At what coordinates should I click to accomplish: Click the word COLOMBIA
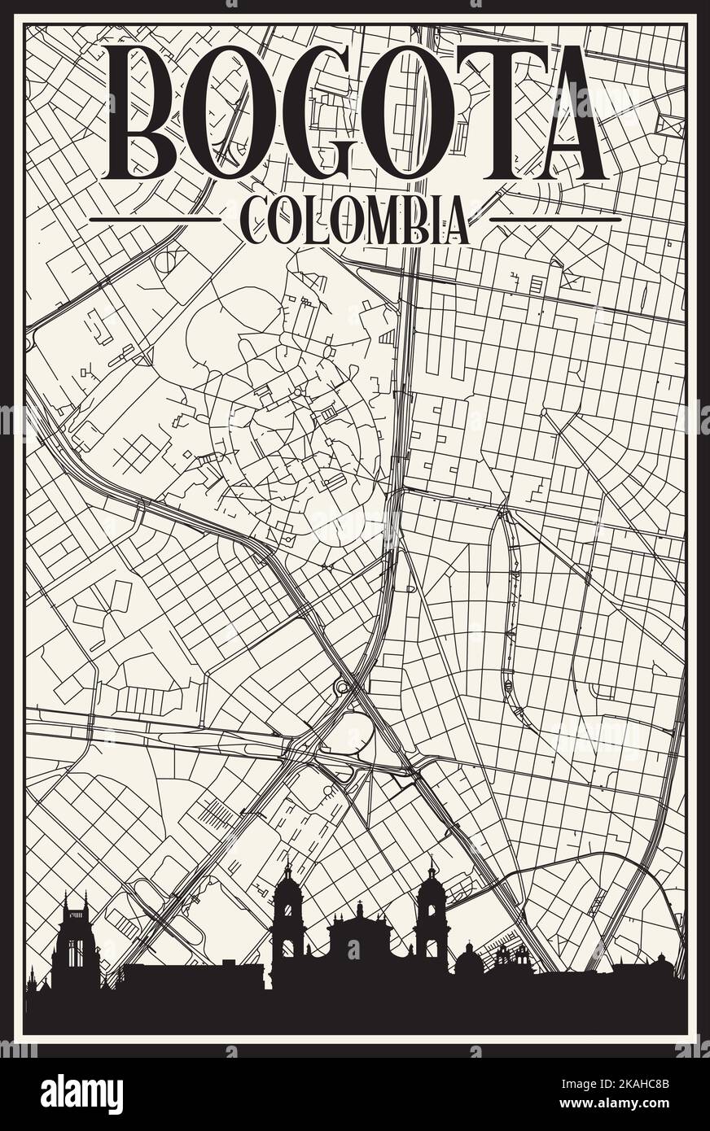pos(355,221)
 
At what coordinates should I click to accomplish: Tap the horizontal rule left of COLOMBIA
pos(155,219)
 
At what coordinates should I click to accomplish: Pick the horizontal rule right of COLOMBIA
pos(555,219)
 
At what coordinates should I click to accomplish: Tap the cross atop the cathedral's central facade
pos(359,904)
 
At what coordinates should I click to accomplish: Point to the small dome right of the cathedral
pos(468,960)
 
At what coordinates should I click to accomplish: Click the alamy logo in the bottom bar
pos(81,1094)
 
